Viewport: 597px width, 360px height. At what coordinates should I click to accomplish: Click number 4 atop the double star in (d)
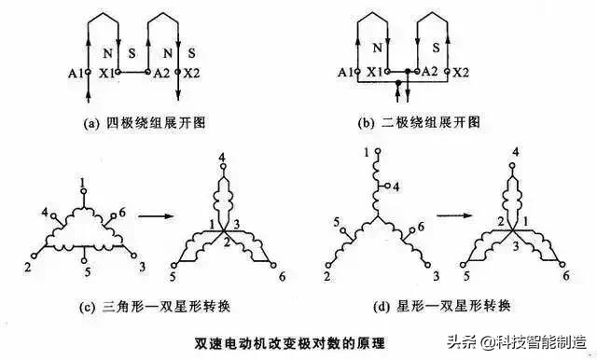tap(516, 153)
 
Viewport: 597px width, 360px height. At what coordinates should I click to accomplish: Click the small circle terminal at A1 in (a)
tap(87, 71)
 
